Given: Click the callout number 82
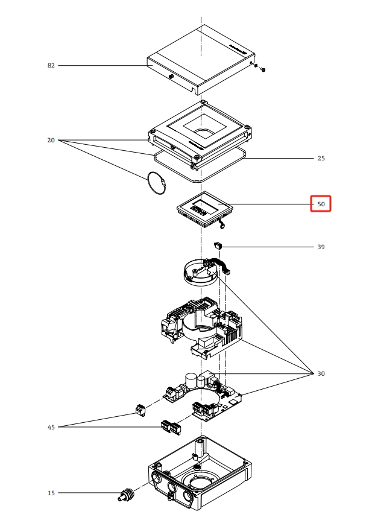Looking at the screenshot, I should tap(51, 65).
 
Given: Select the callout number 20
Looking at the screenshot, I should tap(51, 141).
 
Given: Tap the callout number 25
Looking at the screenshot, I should tap(321, 159).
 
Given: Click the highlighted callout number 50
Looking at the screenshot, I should tap(321, 204).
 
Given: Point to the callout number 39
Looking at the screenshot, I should tap(321, 247).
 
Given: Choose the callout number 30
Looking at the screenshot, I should tap(321, 374).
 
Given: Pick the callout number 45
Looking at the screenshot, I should tap(51, 428).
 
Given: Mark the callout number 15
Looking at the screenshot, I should tap(51, 493).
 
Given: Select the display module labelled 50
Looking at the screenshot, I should tap(204, 210).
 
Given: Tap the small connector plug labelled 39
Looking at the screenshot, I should tap(218, 245).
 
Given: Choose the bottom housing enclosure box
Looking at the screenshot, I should tap(199, 477).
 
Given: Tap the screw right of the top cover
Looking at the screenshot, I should tap(263, 69).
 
